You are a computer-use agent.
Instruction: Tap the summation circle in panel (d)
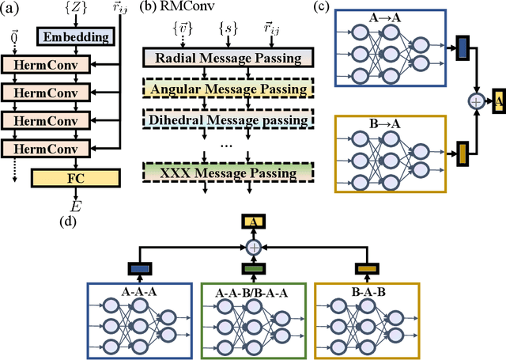click(x=254, y=247)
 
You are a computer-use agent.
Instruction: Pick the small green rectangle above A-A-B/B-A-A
click(x=254, y=269)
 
